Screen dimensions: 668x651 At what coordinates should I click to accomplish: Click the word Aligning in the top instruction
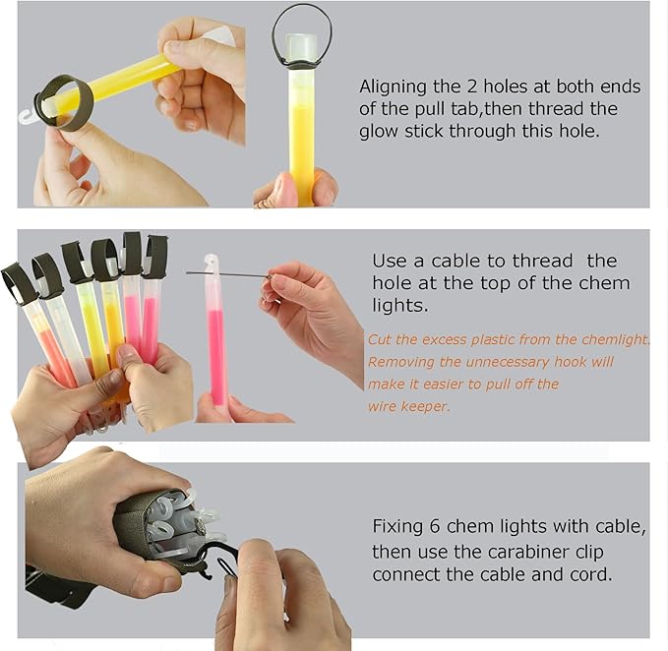tap(393, 88)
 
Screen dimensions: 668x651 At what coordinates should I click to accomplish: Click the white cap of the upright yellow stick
tap(302, 47)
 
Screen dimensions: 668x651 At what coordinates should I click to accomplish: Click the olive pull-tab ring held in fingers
tap(64, 102)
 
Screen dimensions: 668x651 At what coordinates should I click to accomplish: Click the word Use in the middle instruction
tap(389, 261)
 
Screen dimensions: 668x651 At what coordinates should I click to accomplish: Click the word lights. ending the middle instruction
tap(399, 306)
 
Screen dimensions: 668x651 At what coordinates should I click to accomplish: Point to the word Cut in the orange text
tap(380, 339)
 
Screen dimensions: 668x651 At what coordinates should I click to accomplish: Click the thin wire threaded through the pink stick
tap(230, 274)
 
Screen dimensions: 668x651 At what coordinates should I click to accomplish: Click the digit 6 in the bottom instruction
tap(435, 526)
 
